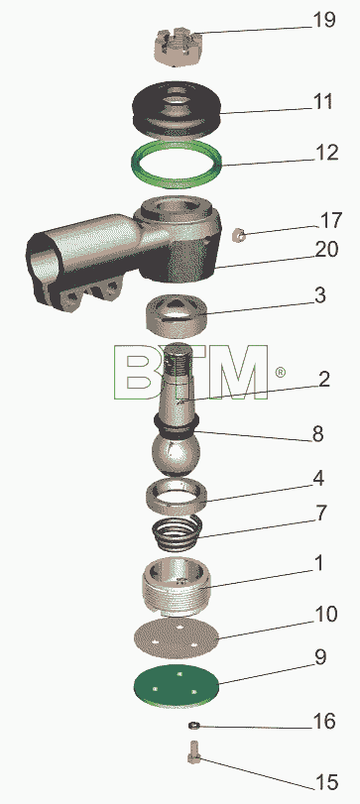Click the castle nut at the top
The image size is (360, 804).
177,48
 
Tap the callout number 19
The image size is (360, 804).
324,21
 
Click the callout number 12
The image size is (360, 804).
326,153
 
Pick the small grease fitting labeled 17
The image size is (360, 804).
238,235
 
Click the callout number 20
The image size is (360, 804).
326,250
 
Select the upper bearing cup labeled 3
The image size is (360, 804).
176,315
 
